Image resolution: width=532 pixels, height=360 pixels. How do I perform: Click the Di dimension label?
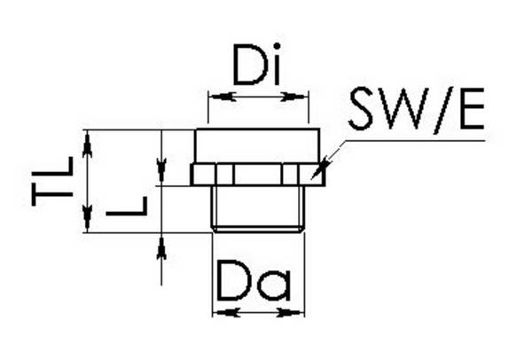click(x=257, y=64)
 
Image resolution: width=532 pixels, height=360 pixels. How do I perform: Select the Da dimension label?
click(x=254, y=281)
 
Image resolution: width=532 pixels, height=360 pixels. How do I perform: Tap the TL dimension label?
click(x=52, y=181)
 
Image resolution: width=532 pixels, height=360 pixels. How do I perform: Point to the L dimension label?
click(x=127, y=206)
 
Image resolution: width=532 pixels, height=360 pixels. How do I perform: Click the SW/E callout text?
click(x=417, y=109)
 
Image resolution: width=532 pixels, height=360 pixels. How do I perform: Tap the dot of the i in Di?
click(x=277, y=46)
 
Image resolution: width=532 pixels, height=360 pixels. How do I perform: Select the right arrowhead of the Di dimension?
click(x=294, y=97)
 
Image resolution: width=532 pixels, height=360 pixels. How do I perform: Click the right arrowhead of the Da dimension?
click(x=291, y=312)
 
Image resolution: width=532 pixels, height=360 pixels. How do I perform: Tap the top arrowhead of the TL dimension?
click(x=88, y=145)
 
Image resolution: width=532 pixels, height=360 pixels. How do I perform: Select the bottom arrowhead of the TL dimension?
click(x=88, y=218)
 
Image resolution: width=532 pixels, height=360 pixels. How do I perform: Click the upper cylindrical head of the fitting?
click(x=257, y=146)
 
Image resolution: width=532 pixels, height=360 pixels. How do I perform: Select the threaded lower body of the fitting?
click(x=257, y=208)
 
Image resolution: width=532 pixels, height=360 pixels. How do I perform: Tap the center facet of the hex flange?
click(x=257, y=175)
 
